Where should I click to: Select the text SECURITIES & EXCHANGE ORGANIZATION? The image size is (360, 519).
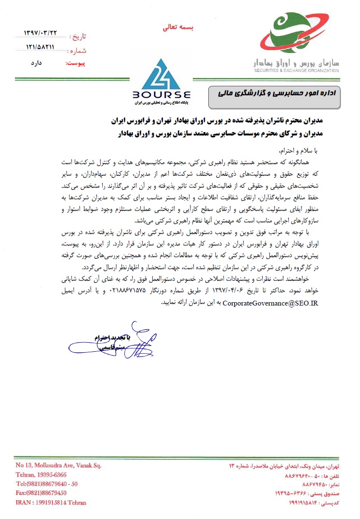294,70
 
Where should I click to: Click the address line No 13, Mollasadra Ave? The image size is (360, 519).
58,466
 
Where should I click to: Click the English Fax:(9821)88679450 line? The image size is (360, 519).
41,493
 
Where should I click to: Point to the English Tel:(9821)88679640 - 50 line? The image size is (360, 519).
47,484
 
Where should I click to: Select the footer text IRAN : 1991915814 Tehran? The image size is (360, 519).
51,502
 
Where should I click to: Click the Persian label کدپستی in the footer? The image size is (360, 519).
332,503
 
